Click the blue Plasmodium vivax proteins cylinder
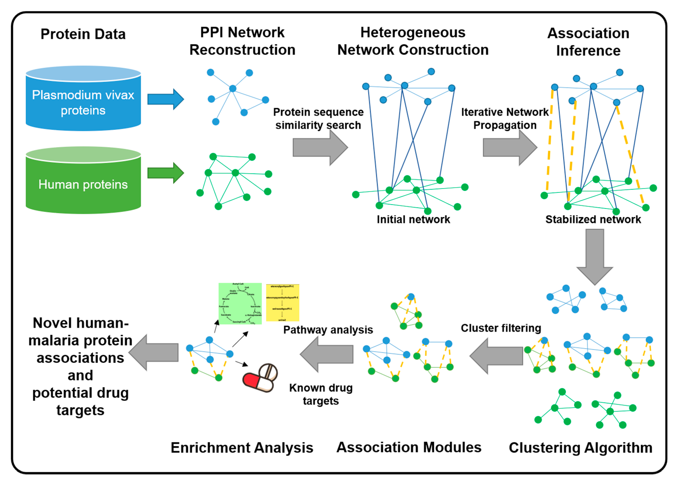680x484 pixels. click(83, 101)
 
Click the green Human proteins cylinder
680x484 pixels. click(83, 183)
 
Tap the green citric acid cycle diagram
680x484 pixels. click(240, 303)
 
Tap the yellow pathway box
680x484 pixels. click(282, 302)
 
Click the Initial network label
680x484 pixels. click(413, 219)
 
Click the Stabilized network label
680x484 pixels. click(593, 219)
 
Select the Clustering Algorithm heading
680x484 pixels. click(581, 448)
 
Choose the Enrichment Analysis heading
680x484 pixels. click(242, 448)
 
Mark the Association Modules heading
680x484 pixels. click(409, 447)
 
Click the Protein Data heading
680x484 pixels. click(83, 34)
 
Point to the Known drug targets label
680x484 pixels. click(321, 394)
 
